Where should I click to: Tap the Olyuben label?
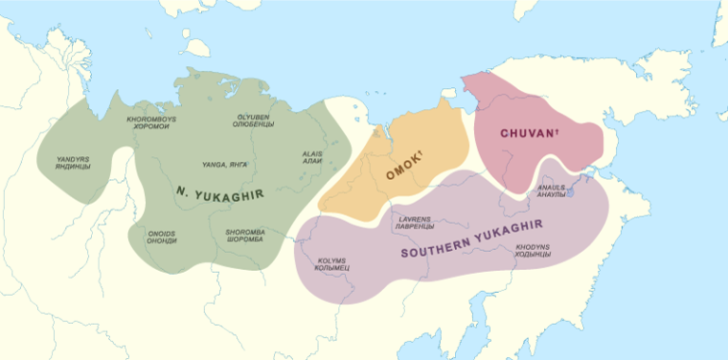point(254,120)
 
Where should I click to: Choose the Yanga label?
point(226,165)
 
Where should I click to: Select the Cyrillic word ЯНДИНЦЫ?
point(73,167)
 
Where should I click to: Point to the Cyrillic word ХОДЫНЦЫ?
point(533,257)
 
